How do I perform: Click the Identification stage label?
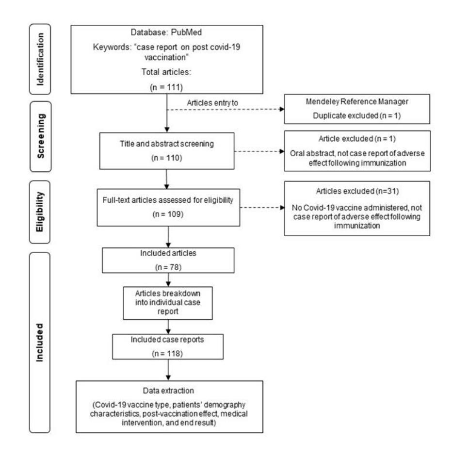[40, 59]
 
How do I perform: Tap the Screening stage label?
[41, 136]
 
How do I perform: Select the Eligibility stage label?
[40, 212]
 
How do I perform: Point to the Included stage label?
[39, 343]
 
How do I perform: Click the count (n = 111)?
[166, 87]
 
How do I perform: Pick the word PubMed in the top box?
[186, 32]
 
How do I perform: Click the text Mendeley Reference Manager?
[357, 101]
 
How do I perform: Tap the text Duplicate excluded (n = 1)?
[357, 116]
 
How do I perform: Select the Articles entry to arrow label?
[212, 103]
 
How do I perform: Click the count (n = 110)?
[167, 158]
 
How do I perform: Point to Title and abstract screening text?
[167, 144]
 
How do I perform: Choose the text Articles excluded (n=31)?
[357, 191]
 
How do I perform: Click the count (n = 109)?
[168, 214]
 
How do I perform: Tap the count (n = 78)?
[168, 267]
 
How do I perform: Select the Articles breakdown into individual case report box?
[168, 303]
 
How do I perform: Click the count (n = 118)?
[167, 354]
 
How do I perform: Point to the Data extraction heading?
[168, 391]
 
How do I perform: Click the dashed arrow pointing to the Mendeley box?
[226, 109]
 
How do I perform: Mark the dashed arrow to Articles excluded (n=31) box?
[262, 208]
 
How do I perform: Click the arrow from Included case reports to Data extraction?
[168, 370]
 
